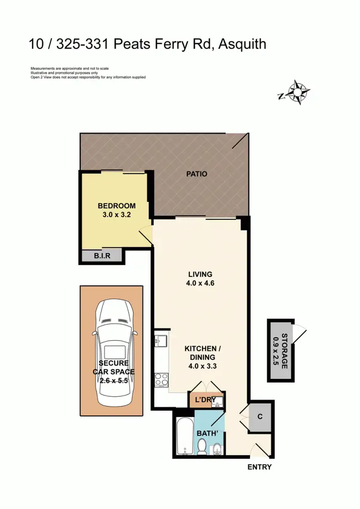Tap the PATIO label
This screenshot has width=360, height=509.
(197, 174)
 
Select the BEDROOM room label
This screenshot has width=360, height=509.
(117, 206)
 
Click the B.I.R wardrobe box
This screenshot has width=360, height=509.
(102, 256)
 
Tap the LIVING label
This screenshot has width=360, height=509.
(201, 274)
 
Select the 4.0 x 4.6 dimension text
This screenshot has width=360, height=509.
(201, 283)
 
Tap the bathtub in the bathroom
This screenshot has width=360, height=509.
(183, 437)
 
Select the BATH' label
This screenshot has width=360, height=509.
(207, 434)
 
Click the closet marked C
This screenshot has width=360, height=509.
(260, 416)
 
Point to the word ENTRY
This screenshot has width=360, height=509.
(259, 467)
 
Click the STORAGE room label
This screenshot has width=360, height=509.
(284, 351)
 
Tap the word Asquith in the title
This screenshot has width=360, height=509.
(242, 45)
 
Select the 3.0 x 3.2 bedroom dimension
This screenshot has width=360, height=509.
(117, 215)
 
